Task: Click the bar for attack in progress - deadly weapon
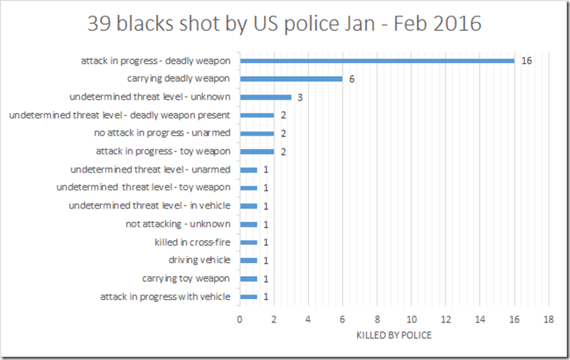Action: pos(376,60)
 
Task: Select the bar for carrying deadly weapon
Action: pos(291,79)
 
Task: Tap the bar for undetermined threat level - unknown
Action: pos(265,97)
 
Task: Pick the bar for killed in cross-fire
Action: pos(248,242)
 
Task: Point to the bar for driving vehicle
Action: pos(248,260)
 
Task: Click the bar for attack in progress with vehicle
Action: pos(248,297)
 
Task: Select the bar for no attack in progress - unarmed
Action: pos(256,133)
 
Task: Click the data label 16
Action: pos(526,60)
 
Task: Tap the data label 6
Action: pos(352,79)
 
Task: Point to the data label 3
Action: pos(300,97)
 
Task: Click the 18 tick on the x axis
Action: pos(549,320)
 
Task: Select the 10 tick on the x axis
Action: pos(412,320)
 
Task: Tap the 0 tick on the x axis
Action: pos(240,320)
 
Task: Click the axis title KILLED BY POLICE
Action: pos(394,335)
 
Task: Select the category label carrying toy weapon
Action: pos(186,279)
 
